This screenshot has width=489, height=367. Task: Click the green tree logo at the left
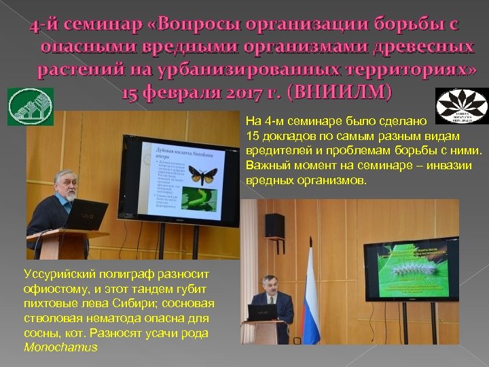click(x=20, y=107)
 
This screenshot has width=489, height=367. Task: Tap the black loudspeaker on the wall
click(x=274, y=224)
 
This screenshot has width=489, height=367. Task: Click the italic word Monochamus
click(x=60, y=347)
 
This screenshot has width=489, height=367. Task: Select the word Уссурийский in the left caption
click(x=58, y=273)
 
